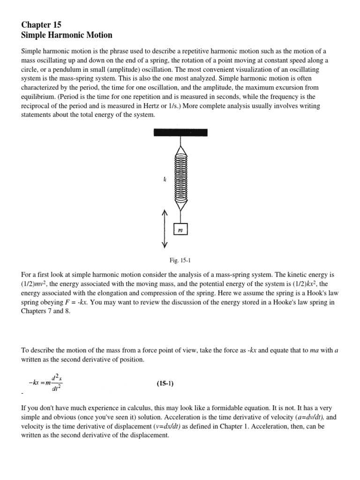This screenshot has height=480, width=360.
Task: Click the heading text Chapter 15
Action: pos(41,24)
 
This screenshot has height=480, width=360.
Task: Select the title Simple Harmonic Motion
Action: pos(67,35)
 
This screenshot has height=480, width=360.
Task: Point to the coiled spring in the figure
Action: pos(180,178)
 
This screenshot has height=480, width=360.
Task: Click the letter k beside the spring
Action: pos(165,179)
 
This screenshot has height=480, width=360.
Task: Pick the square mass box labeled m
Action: pos(180,230)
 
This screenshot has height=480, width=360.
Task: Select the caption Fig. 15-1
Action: pos(180,259)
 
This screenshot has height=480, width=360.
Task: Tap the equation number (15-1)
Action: pos(165,383)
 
